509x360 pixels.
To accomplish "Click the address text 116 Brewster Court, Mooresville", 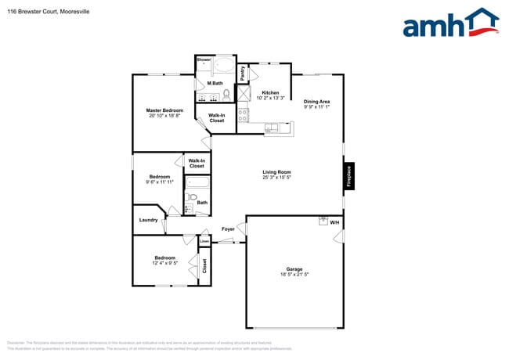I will (44, 10).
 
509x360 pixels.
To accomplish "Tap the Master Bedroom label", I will (164, 110).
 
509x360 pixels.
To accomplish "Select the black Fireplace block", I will (349, 177).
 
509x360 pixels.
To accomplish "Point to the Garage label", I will (294, 269).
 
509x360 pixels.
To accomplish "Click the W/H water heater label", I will (334, 223).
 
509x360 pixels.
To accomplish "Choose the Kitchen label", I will (259, 92).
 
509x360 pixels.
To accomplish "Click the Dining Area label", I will (316, 101).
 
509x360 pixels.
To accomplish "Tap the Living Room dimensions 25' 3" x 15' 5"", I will (276, 177).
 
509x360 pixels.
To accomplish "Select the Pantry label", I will (243, 74).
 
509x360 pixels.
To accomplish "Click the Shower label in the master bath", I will (204, 59).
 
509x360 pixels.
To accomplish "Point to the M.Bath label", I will (215, 84).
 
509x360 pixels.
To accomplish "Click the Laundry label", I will (149, 220).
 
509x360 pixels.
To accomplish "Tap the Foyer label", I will (228, 229).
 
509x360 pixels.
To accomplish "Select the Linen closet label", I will (204, 241).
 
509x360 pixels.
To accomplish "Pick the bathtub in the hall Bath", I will (198, 183).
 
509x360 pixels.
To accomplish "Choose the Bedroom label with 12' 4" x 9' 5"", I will (164, 257).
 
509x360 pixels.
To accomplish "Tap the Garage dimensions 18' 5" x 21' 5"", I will (294, 275).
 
